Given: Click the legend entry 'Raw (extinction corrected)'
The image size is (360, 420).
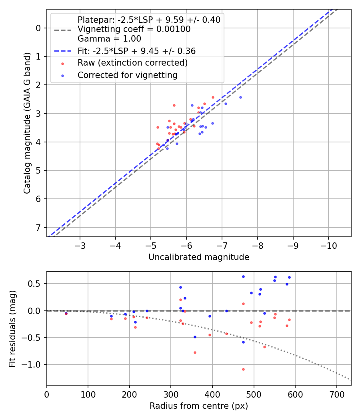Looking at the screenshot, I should click(132, 63).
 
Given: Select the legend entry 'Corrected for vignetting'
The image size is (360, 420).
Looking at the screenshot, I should click(128, 75).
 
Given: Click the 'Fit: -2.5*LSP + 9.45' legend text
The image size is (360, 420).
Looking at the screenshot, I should click(136, 51).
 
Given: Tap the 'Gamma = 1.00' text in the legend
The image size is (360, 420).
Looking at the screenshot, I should click(109, 39).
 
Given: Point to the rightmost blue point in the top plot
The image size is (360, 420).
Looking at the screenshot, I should click(240, 97).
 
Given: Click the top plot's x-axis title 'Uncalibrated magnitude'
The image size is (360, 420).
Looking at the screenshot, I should click(199, 257).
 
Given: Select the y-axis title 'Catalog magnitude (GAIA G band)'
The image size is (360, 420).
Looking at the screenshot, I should click(27, 123).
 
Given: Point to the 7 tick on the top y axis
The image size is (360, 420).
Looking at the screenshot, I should click(39, 228).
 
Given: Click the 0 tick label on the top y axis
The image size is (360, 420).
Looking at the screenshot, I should click(39, 28).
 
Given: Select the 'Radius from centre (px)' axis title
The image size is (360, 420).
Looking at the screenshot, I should click(199, 406).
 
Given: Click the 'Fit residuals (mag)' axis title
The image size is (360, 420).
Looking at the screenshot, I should click(12, 328).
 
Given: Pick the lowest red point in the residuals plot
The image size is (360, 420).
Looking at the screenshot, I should click(243, 369).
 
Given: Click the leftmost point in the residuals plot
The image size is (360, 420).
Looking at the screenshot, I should click(66, 314).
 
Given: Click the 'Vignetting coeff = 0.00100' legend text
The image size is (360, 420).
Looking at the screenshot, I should click(134, 29).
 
